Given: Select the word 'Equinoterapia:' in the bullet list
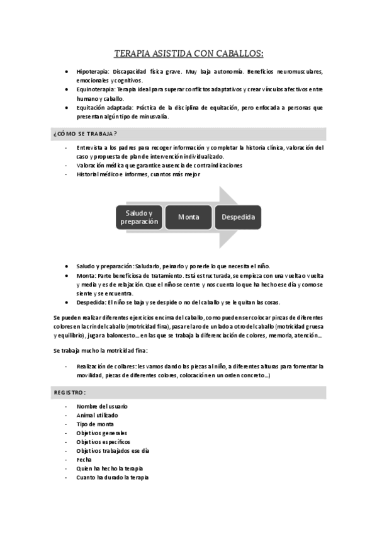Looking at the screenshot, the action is (98, 90).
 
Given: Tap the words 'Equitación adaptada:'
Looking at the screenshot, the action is (106, 108).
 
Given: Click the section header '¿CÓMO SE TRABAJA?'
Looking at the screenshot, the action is (86, 134).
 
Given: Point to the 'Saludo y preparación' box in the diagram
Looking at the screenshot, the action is (139, 217).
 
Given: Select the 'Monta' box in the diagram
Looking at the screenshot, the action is (188, 217).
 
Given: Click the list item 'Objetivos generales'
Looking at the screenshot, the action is (101, 433).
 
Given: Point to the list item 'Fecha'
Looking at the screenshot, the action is (84, 460).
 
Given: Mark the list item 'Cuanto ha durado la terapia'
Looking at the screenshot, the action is (113, 477).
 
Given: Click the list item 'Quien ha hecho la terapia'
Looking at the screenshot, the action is (110, 469).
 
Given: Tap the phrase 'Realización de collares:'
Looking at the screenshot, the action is (106, 366).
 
